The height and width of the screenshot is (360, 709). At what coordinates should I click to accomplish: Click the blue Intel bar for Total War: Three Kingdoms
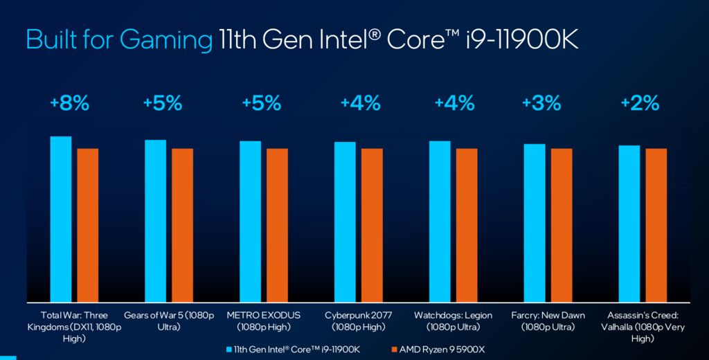61,219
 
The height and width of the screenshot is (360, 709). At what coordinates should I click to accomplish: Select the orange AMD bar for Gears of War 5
182,225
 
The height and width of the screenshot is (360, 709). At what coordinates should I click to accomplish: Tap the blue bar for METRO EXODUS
251,222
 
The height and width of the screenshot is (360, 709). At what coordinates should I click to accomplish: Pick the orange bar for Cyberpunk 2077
372,225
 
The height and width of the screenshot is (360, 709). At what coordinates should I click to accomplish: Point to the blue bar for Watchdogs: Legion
440,222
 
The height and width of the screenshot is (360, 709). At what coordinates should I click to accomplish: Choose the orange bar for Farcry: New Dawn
562,225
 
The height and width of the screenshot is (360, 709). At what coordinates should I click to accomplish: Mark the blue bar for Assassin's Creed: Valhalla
629,224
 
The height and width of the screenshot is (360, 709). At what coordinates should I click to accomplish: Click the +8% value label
69,104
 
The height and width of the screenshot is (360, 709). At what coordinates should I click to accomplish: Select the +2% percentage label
639,104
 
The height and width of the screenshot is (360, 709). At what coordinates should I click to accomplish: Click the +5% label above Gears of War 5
163,104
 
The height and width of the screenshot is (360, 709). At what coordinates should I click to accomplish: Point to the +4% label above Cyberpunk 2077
360,104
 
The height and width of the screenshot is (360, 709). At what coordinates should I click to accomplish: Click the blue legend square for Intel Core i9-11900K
229,350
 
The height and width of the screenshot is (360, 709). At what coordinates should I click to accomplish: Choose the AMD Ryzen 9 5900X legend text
442,350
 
